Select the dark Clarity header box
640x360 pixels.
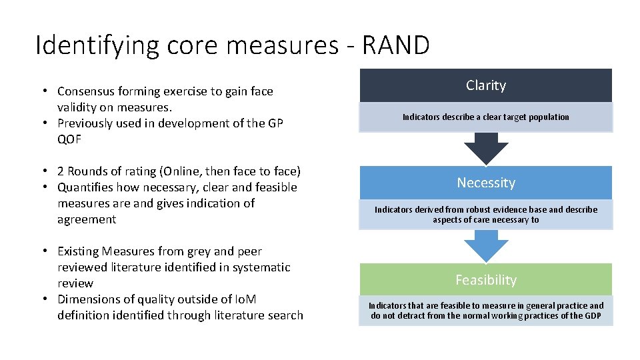(x=486, y=85)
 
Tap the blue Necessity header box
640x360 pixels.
(x=486, y=183)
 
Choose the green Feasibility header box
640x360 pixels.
(x=486, y=280)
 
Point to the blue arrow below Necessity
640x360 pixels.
(x=486, y=245)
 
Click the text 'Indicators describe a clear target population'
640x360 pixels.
(x=486, y=117)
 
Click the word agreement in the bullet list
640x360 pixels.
(x=87, y=219)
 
